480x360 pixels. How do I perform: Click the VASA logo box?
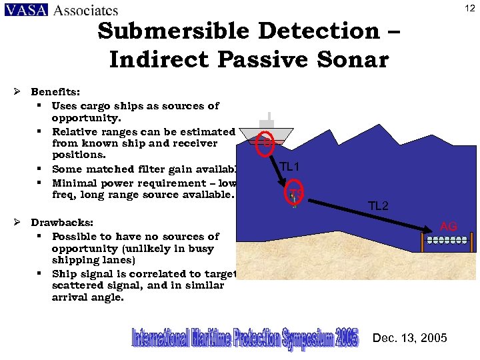[26, 10]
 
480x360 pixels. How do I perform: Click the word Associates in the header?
[85, 10]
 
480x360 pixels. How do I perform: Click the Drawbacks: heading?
[62, 223]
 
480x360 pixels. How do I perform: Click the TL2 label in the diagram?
[378, 206]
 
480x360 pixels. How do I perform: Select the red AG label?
[449, 227]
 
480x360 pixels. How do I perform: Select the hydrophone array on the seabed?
[447, 239]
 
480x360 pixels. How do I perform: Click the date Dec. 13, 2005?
[410, 338]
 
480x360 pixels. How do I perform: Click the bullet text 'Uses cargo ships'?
[93, 105]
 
